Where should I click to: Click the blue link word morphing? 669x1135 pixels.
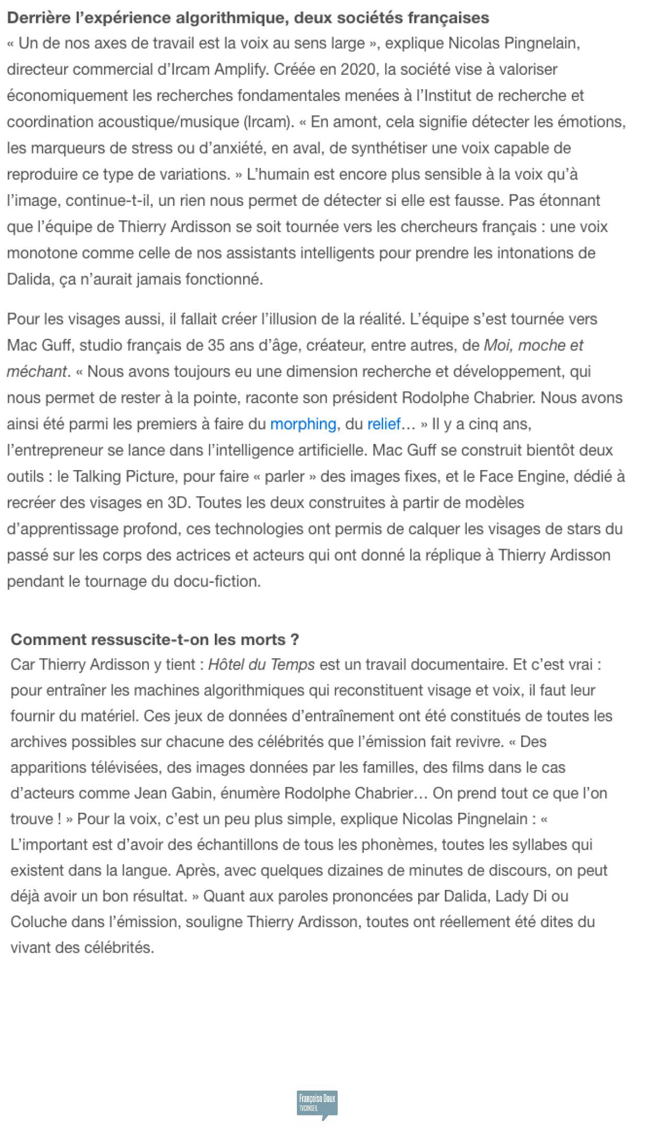(303, 424)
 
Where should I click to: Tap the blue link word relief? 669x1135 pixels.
(383, 424)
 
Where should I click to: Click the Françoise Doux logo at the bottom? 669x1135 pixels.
(317, 1103)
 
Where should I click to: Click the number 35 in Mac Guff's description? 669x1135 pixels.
(216, 345)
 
